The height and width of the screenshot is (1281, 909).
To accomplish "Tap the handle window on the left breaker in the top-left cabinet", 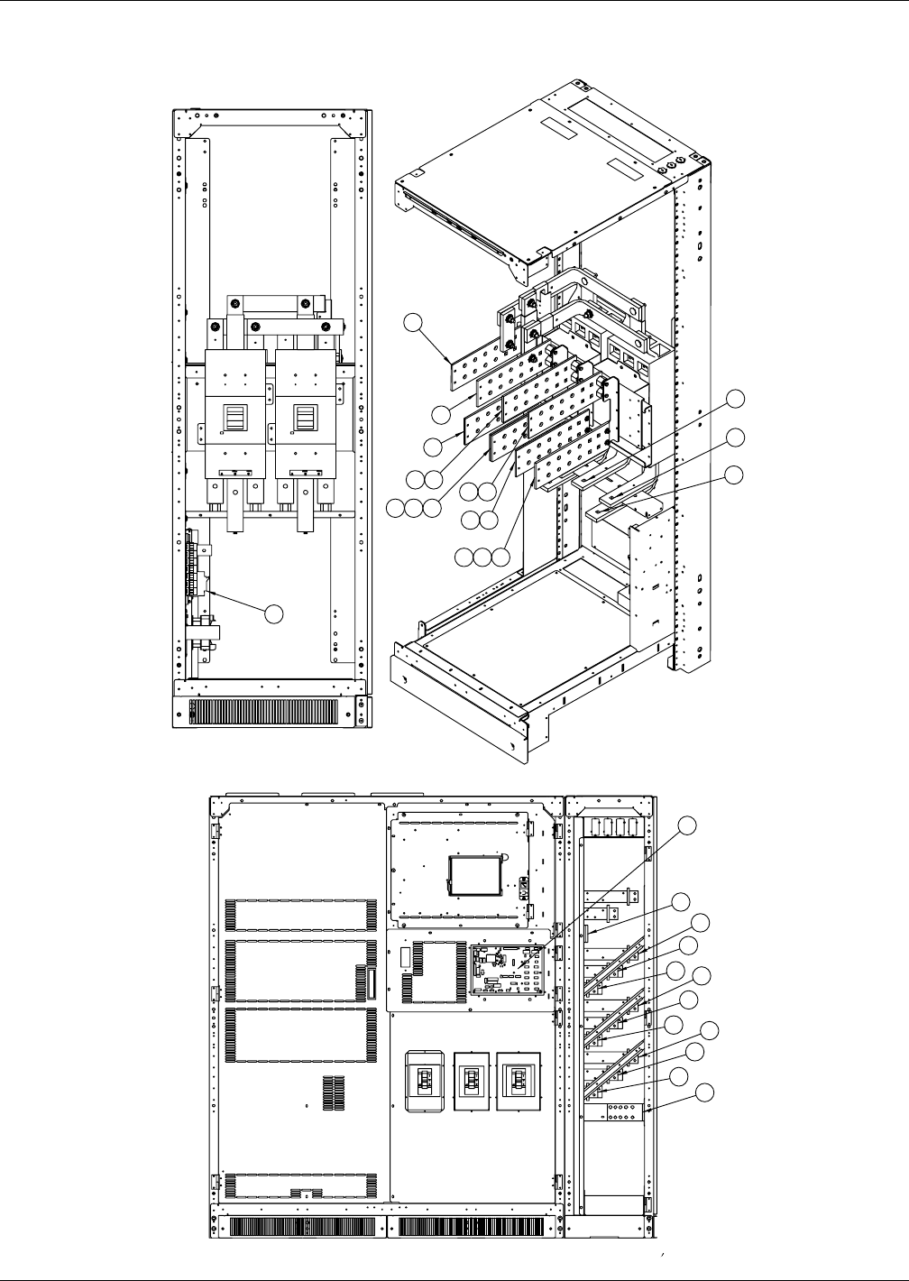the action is pyautogui.click(x=234, y=418).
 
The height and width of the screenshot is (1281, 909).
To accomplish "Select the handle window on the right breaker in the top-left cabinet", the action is pyautogui.click(x=303, y=418).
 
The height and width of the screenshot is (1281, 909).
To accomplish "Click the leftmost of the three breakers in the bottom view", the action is pyautogui.click(x=425, y=1079).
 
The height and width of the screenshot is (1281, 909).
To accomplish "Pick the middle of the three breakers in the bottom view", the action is pyautogui.click(x=472, y=1078).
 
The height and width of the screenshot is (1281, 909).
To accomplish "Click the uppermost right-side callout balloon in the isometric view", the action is pyautogui.click(x=737, y=398).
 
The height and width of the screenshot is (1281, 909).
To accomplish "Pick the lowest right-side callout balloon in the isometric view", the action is pyautogui.click(x=737, y=475).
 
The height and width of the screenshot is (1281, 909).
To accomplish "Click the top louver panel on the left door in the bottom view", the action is pyautogui.click(x=301, y=915).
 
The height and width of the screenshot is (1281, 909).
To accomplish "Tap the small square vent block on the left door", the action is pyautogui.click(x=333, y=1093).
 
